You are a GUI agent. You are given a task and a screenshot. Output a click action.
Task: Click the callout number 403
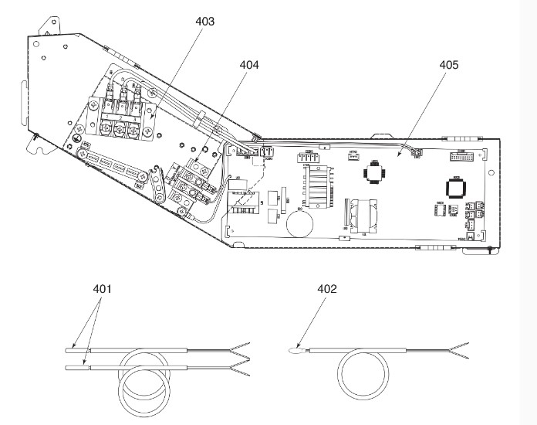pyautogui.click(x=204, y=22)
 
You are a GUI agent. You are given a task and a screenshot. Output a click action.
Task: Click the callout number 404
pyautogui.click(x=248, y=66)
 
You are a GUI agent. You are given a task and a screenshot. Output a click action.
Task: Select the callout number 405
pyautogui.click(x=448, y=66)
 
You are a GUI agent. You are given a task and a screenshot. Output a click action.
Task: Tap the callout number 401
pyautogui.click(x=102, y=290)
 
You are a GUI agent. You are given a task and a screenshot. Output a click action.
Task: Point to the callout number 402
pyautogui.click(x=327, y=290)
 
